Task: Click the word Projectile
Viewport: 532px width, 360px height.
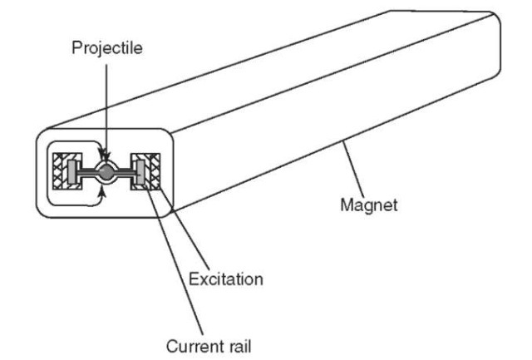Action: pyautogui.click(x=106, y=48)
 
